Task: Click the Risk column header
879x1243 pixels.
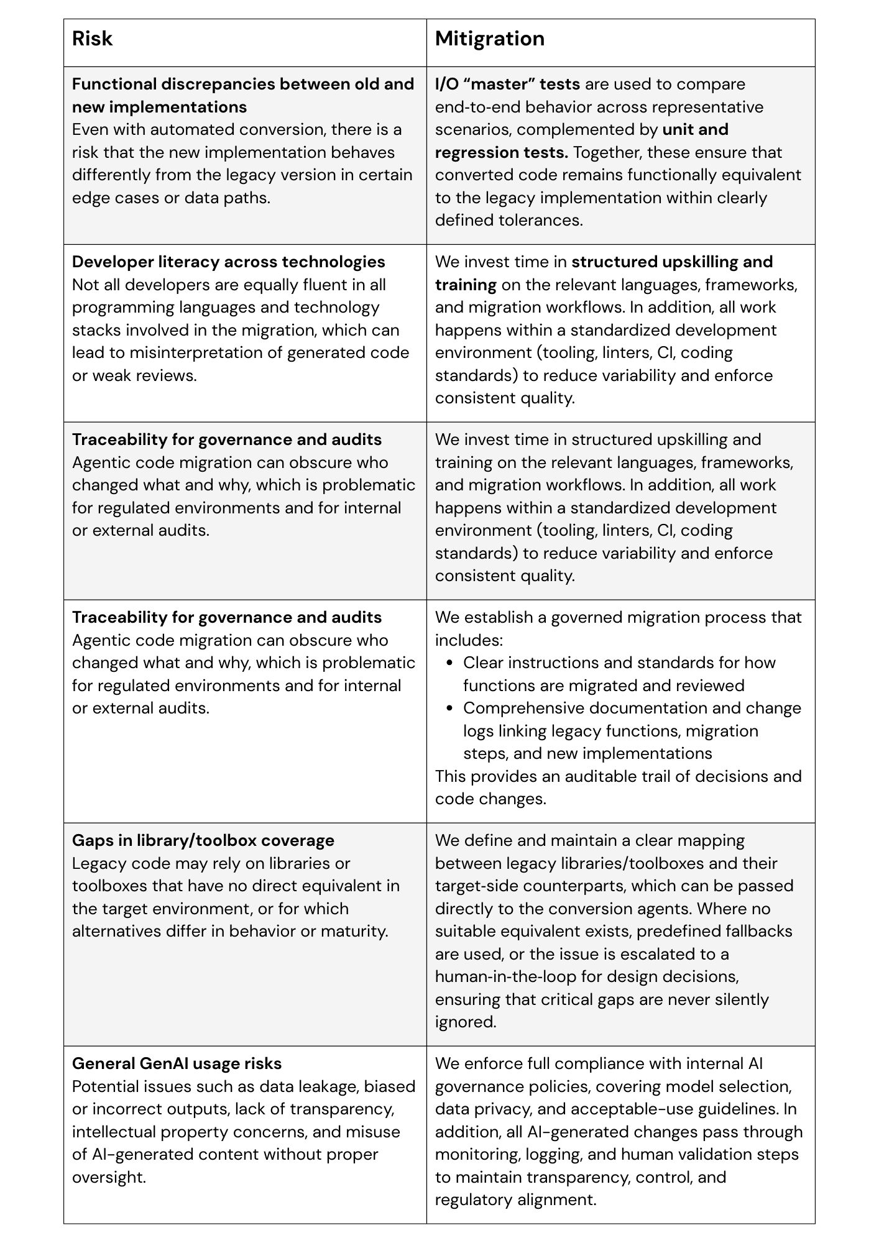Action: (x=92, y=39)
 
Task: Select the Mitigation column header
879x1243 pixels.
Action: (x=489, y=39)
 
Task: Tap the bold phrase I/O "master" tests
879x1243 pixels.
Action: (x=507, y=85)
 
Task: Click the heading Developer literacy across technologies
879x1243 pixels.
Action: (x=228, y=262)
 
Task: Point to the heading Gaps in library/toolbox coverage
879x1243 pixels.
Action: (x=203, y=840)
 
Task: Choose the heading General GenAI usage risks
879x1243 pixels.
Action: (x=177, y=1063)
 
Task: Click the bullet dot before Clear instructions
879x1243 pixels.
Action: (x=450, y=663)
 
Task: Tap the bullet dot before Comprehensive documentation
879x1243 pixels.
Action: (x=450, y=708)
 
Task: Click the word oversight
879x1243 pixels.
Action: (x=109, y=1177)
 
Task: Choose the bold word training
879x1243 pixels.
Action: (x=466, y=285)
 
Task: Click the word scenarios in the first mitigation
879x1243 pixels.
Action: (x=473, y=130)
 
